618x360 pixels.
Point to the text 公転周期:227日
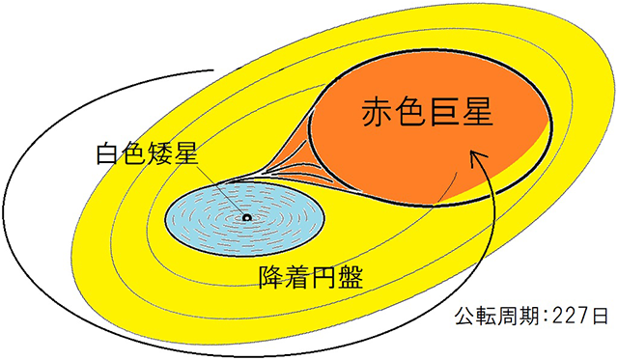[x=532, y=317]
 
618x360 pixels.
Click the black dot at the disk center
[x=246, y=219]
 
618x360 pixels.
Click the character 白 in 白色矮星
[x=105, y=153]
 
